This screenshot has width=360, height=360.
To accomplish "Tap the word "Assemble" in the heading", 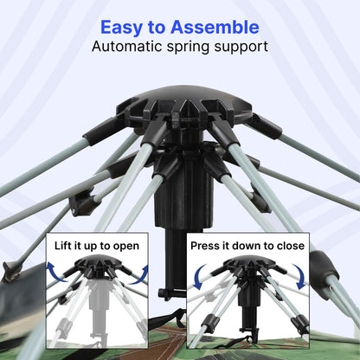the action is [215, 27].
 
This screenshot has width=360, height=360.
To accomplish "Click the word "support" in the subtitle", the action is [241, 48].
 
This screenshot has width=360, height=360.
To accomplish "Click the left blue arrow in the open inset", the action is [55, 271].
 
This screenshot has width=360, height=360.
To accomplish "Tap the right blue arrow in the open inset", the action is [140, 275].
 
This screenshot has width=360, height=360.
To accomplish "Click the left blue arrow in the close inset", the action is [199, 276].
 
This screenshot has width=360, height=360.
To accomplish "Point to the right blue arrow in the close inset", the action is [300, 276].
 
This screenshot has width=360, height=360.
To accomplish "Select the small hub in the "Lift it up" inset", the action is [98, 264].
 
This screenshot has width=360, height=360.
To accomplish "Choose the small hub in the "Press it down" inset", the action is [250, 264].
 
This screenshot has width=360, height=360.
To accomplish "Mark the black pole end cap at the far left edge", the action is [10, 271].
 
